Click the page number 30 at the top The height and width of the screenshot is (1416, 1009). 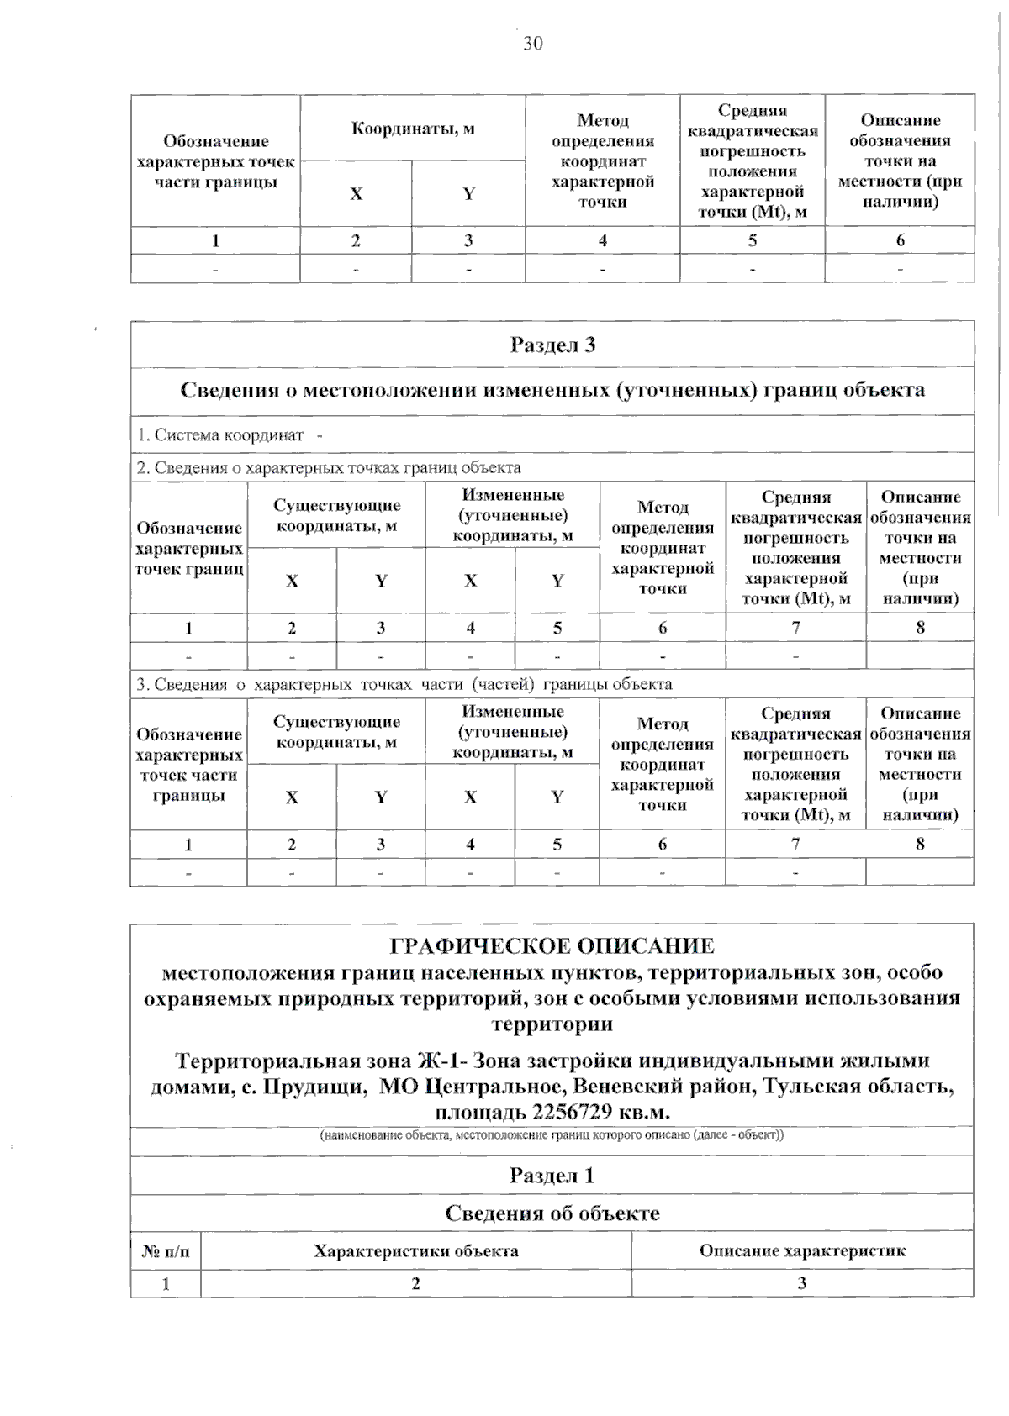point(532,44)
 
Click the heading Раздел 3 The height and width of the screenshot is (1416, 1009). point(552,345)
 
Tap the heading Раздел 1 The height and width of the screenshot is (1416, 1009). point(552,1175)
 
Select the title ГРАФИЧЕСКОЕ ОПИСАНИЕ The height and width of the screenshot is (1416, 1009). point(552,946)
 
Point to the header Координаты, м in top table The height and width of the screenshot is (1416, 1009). point(413,129)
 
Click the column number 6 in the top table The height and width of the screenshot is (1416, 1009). point(900,240)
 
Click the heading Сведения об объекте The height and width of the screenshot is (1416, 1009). point(552,1213)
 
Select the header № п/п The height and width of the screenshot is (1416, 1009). point(166,1251)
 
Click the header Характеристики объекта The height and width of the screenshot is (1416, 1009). point(416,1251)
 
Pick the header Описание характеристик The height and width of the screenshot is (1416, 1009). point(802,1250)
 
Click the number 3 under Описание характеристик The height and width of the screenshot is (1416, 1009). point(802,1283)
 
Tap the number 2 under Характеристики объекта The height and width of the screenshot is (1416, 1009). point(416,1283)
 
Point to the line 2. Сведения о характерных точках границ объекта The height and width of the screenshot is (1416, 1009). point(329,467)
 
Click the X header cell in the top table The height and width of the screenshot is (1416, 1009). point(357,194)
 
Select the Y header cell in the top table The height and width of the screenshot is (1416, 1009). point(468,194)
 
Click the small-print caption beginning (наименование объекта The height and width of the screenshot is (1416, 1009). point(552,1135)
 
